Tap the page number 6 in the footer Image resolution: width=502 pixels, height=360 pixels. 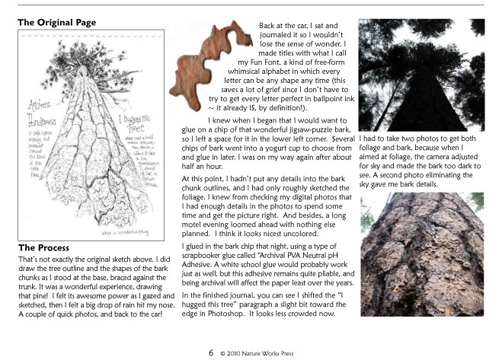tap(210, 353)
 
